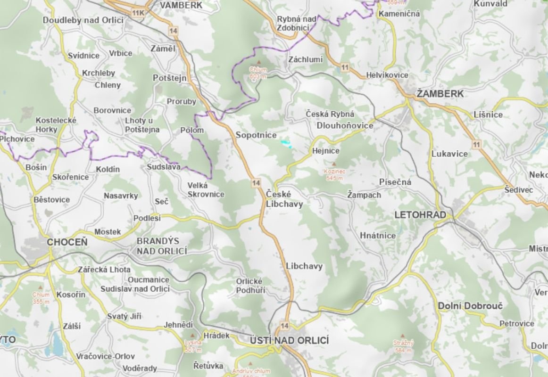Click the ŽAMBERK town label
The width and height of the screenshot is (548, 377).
440,93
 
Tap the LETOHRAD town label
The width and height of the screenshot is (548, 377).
420,215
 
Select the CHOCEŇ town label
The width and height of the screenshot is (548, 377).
67,242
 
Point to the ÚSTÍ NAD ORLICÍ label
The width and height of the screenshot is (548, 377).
290,340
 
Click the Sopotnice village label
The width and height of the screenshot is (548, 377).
256,135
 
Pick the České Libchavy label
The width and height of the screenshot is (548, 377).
284,199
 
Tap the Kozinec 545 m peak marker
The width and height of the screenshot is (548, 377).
334,165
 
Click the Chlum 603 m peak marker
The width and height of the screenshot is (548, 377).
258,63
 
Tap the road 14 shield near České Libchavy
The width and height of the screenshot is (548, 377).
256,182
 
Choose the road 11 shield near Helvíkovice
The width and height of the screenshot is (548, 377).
345,68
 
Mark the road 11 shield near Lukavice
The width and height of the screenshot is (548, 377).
477,145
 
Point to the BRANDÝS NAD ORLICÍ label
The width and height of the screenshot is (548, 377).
162,246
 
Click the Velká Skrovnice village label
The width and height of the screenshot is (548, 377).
206,189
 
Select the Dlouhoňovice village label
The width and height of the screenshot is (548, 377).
345,125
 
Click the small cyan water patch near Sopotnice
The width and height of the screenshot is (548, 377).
285,142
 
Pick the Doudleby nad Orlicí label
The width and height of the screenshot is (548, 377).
83,20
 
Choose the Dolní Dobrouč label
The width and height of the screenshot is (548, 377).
470,305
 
